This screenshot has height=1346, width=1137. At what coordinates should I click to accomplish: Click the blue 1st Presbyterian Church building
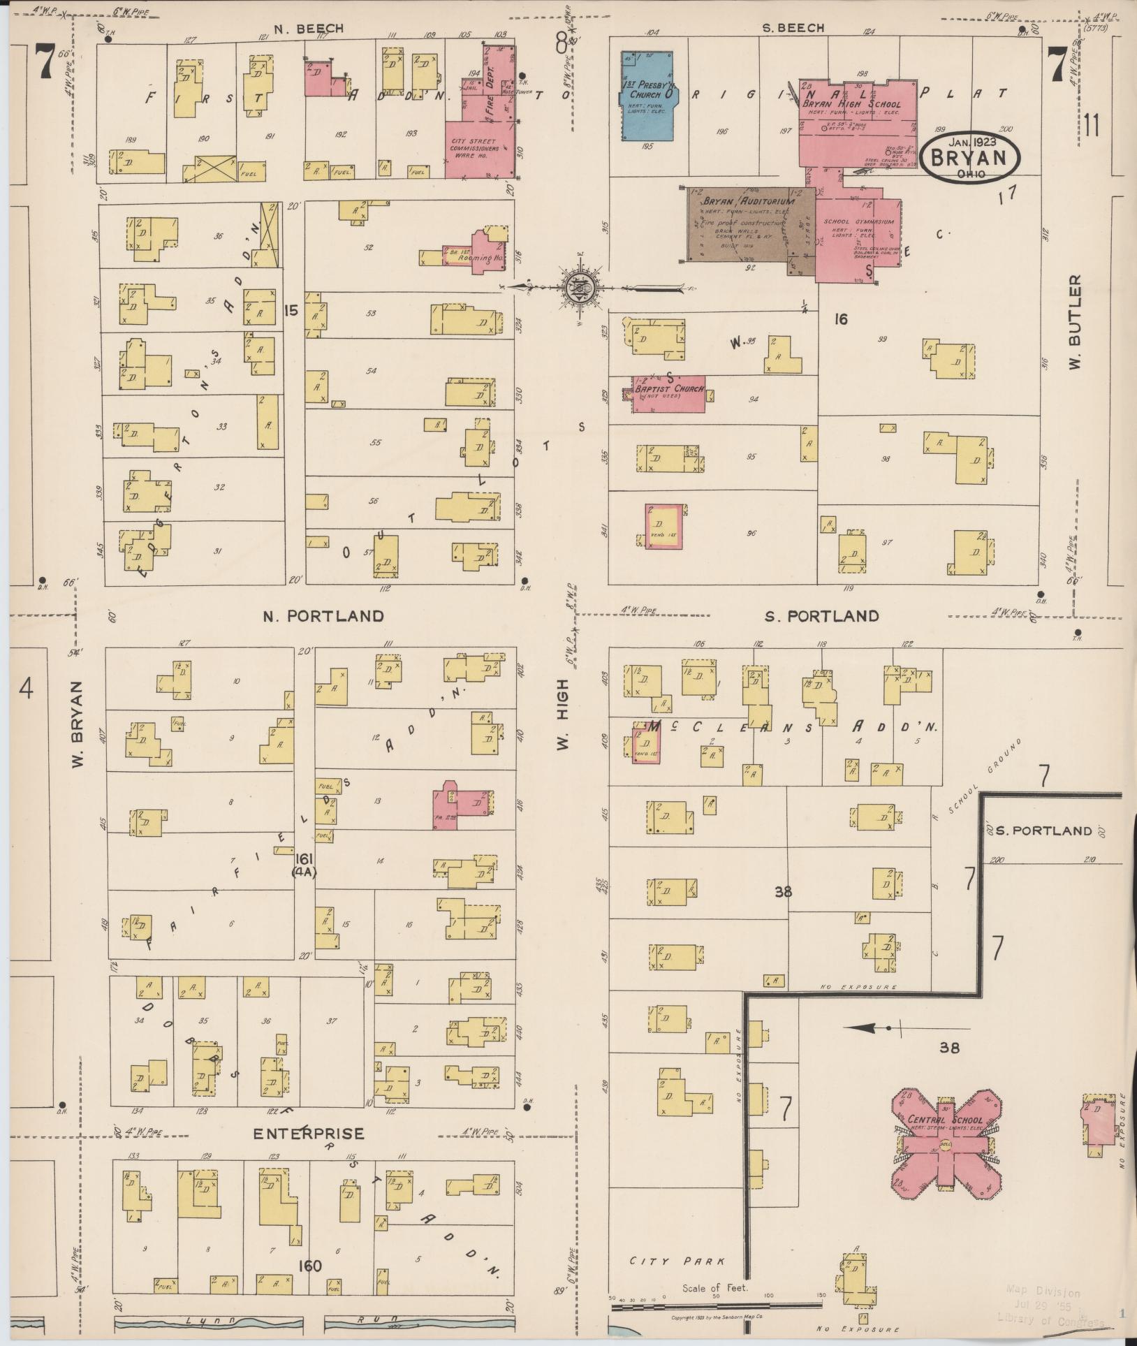tap(647, 98)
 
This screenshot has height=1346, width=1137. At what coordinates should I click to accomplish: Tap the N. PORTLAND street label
tap(323, 616)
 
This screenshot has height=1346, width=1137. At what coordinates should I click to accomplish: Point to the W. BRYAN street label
tap(78, 724)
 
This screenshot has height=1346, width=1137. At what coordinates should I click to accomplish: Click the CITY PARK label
tap(677, 1261)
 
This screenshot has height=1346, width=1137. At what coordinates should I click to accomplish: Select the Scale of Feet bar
tap(715, 1305)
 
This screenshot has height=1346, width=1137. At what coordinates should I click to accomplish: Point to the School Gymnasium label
tap(858, 222)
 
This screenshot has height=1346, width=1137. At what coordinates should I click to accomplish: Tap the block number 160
tap(309, 1265)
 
